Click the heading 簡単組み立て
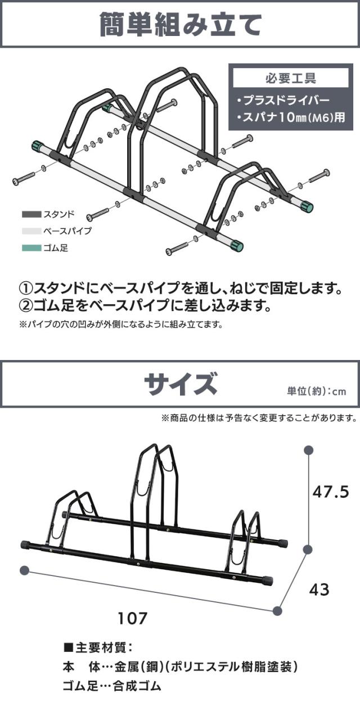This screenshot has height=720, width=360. coord(180,24)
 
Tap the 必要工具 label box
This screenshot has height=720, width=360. coord(291,78)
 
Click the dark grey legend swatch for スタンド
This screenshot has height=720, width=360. coord(31,214)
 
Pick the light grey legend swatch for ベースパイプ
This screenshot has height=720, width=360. coord(31,231)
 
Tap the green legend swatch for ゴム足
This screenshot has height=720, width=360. coord(31,248)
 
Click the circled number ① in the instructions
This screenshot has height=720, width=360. coord(27,289)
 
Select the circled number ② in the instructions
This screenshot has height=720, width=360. coord(27,305)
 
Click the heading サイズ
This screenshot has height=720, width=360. coord(181,385)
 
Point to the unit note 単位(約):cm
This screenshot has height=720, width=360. coord(316,391)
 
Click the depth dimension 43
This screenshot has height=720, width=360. coord(320,590)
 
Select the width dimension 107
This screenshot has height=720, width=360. coord(132,618)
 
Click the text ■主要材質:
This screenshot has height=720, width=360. coord(98,647)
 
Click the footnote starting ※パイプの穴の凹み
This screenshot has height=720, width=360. coord(121,324)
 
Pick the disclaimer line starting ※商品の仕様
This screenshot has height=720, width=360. coord(259,418)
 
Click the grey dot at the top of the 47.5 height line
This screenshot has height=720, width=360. coord(309,450)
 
